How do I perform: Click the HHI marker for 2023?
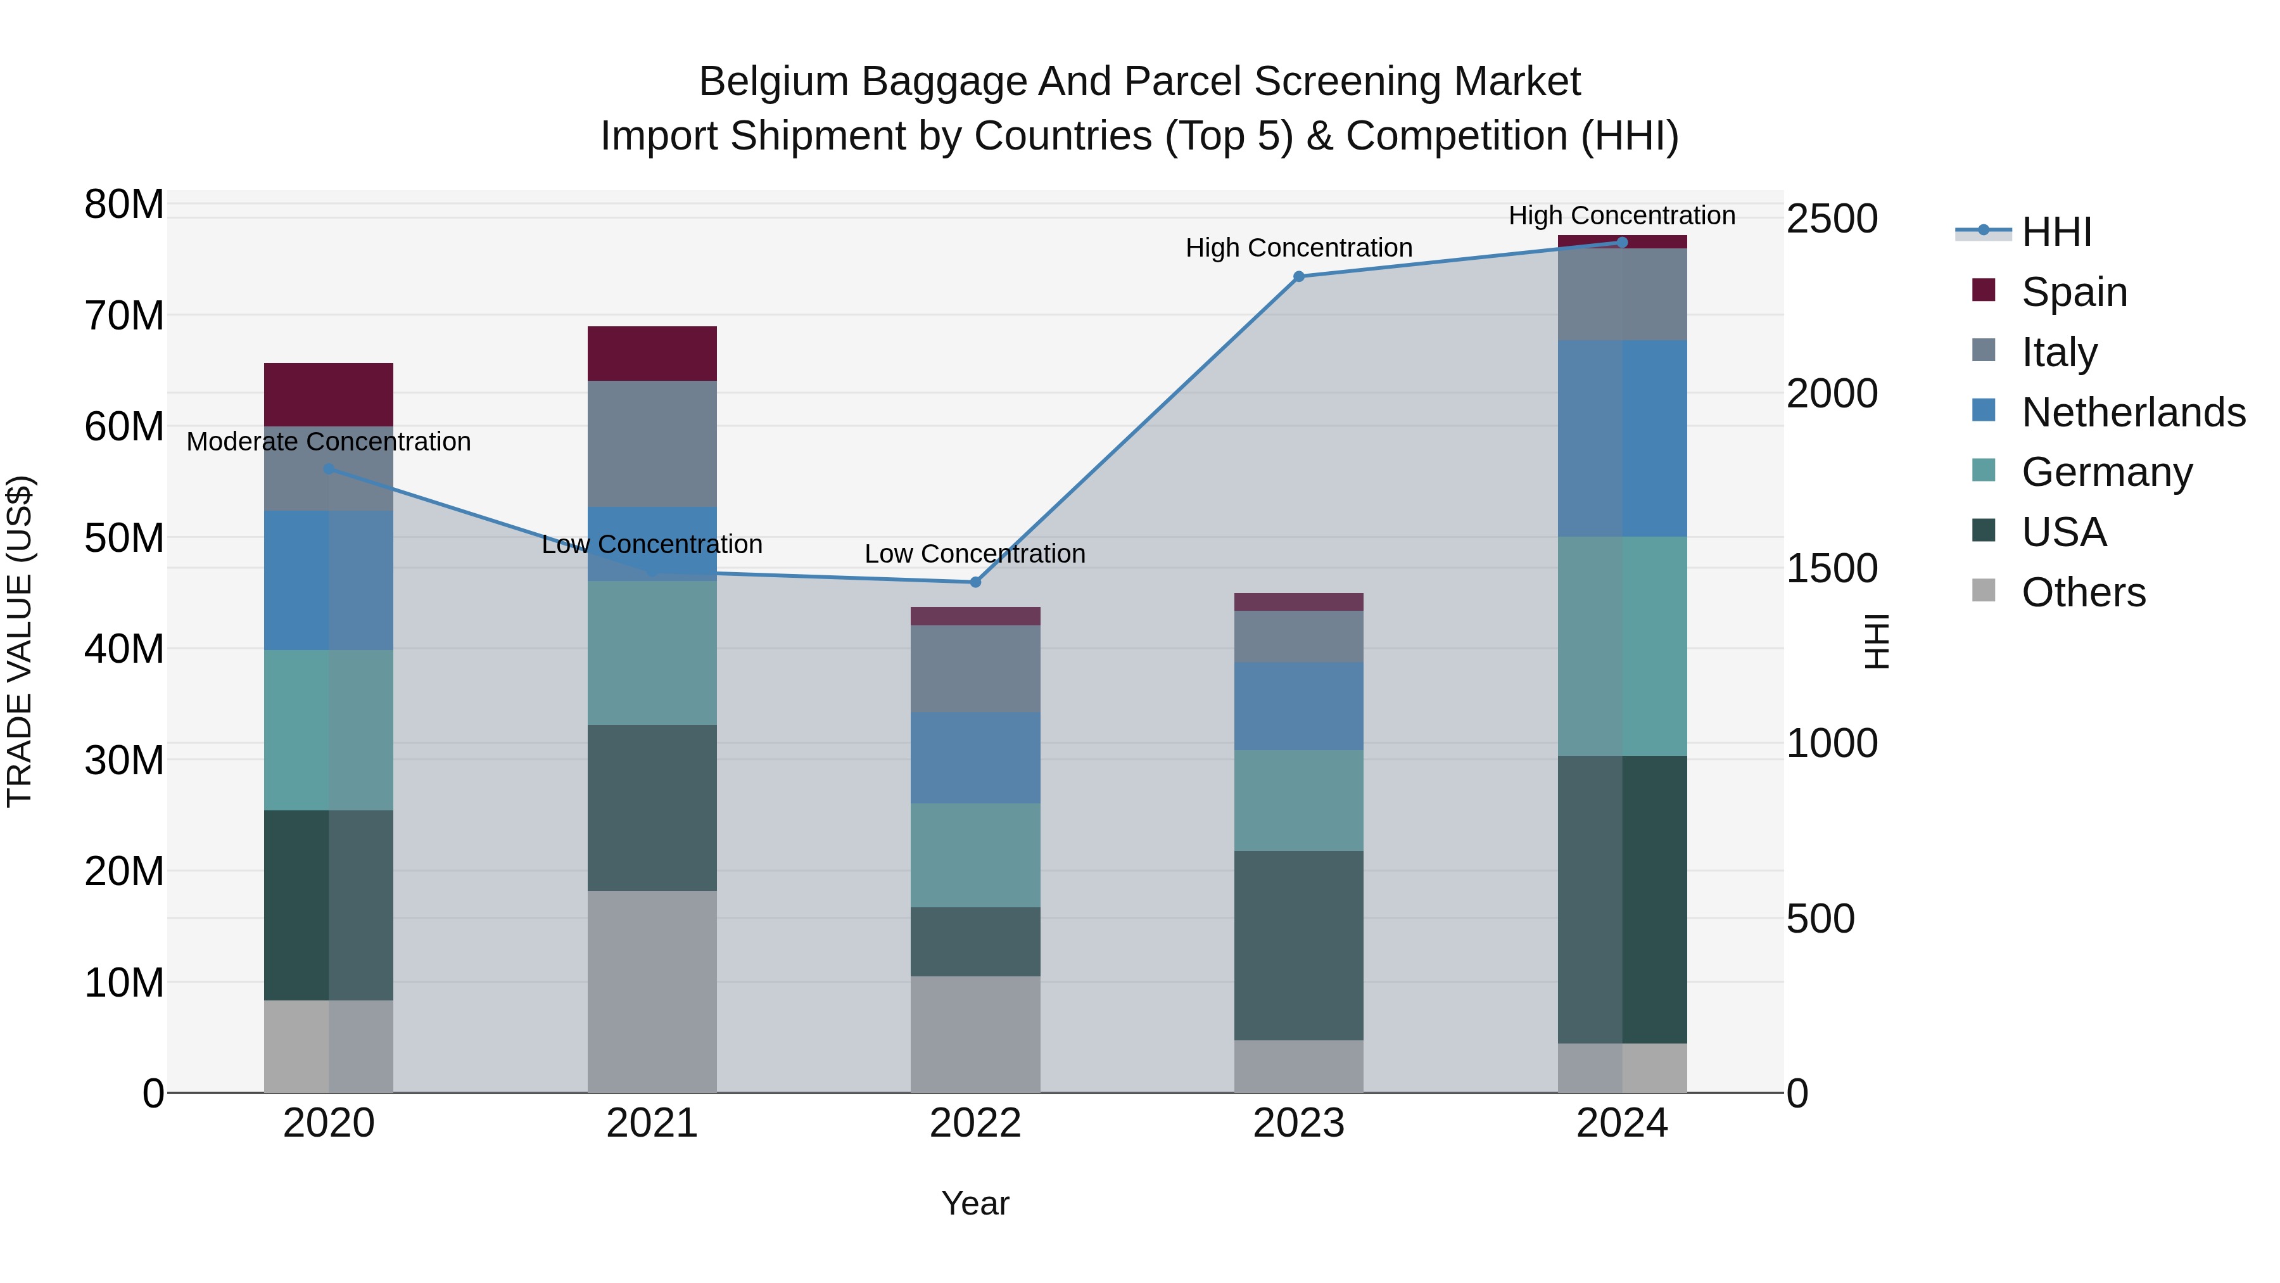pyautogui.click(x=1298, y=277)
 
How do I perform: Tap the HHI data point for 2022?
pyautogui.click(x=975, y=582)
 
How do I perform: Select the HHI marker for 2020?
pyautogui.click(x=328, y=468)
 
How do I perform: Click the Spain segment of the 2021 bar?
pyautogui.click(x=652, y=354)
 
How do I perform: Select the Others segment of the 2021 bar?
pyautogui.click(x=652, y=991)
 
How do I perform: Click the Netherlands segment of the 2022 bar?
pyautogui.click(x=975, y=757)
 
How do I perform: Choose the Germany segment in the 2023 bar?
pyautogui.click(x=1298, y=800)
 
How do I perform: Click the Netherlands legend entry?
pyautogui.click(x=2133, y=412)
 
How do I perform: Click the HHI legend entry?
pyautogui.click(x=2056, y=232)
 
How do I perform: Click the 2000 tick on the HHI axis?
pyautogui.click(x=1831, y=393)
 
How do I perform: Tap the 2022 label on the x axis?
pyautogui.click(x=975, y=1123)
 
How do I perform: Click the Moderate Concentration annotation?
pyautogui.click(x=328, y=441)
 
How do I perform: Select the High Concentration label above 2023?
pyautogui.click(x=1298, y=248)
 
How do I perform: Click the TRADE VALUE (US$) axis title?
pyautogui.click(x=20, y=641)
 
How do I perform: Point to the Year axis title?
pyautogui.click(x=975, y=1203)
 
